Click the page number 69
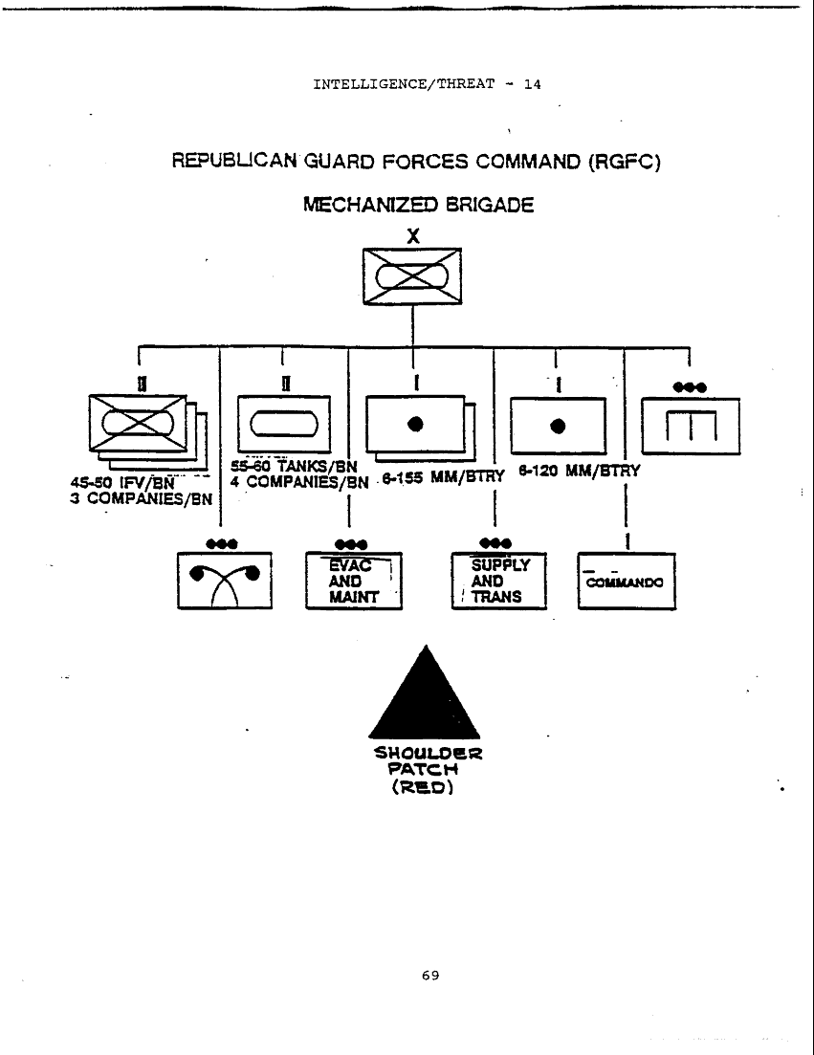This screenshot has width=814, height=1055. (x=429, y=976)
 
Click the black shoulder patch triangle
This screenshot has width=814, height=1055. (x=424, y=693)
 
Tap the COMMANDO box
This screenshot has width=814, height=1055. (x=627, y=582)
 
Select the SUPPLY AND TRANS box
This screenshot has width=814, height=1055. (x=498, y=581)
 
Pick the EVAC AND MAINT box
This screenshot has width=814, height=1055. (x=354, y=581)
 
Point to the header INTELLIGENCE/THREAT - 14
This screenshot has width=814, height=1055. (x=427, y=84)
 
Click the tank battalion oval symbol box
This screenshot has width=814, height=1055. (x=283, y=422)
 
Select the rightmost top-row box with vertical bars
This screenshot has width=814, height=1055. (x=690, y=427)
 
